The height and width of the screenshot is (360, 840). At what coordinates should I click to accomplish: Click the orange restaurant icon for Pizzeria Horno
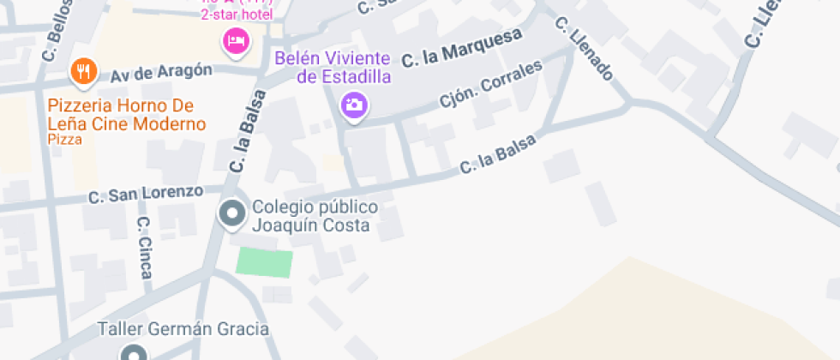(82, 72)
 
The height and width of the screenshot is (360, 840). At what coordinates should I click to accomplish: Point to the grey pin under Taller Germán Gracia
(132, 352)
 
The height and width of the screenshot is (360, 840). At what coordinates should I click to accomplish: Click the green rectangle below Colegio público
(264, 262)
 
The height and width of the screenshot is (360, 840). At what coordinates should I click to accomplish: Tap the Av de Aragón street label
(160, 75)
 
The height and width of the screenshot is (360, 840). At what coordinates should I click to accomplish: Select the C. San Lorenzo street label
(146, 195)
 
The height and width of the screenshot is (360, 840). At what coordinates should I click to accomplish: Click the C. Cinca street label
(145, 247)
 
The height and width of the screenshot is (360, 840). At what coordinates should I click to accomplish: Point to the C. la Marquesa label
(462, 48)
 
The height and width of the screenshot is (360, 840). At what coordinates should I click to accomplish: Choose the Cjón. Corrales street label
(491, 88)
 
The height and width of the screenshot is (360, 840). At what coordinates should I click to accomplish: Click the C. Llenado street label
(585, 50)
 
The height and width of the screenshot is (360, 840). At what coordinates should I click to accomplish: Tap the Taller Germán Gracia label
(183, 329)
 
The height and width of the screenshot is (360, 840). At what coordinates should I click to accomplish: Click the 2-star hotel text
(237, 15)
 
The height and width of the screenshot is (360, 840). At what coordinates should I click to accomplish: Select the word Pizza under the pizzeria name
(65, 139)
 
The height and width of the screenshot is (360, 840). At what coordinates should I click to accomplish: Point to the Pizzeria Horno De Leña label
(127, 115)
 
